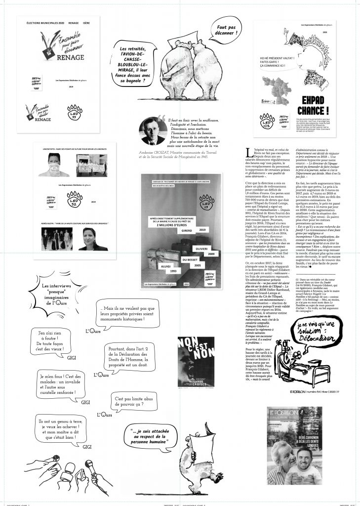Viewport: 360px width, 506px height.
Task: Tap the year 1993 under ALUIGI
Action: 158,271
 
